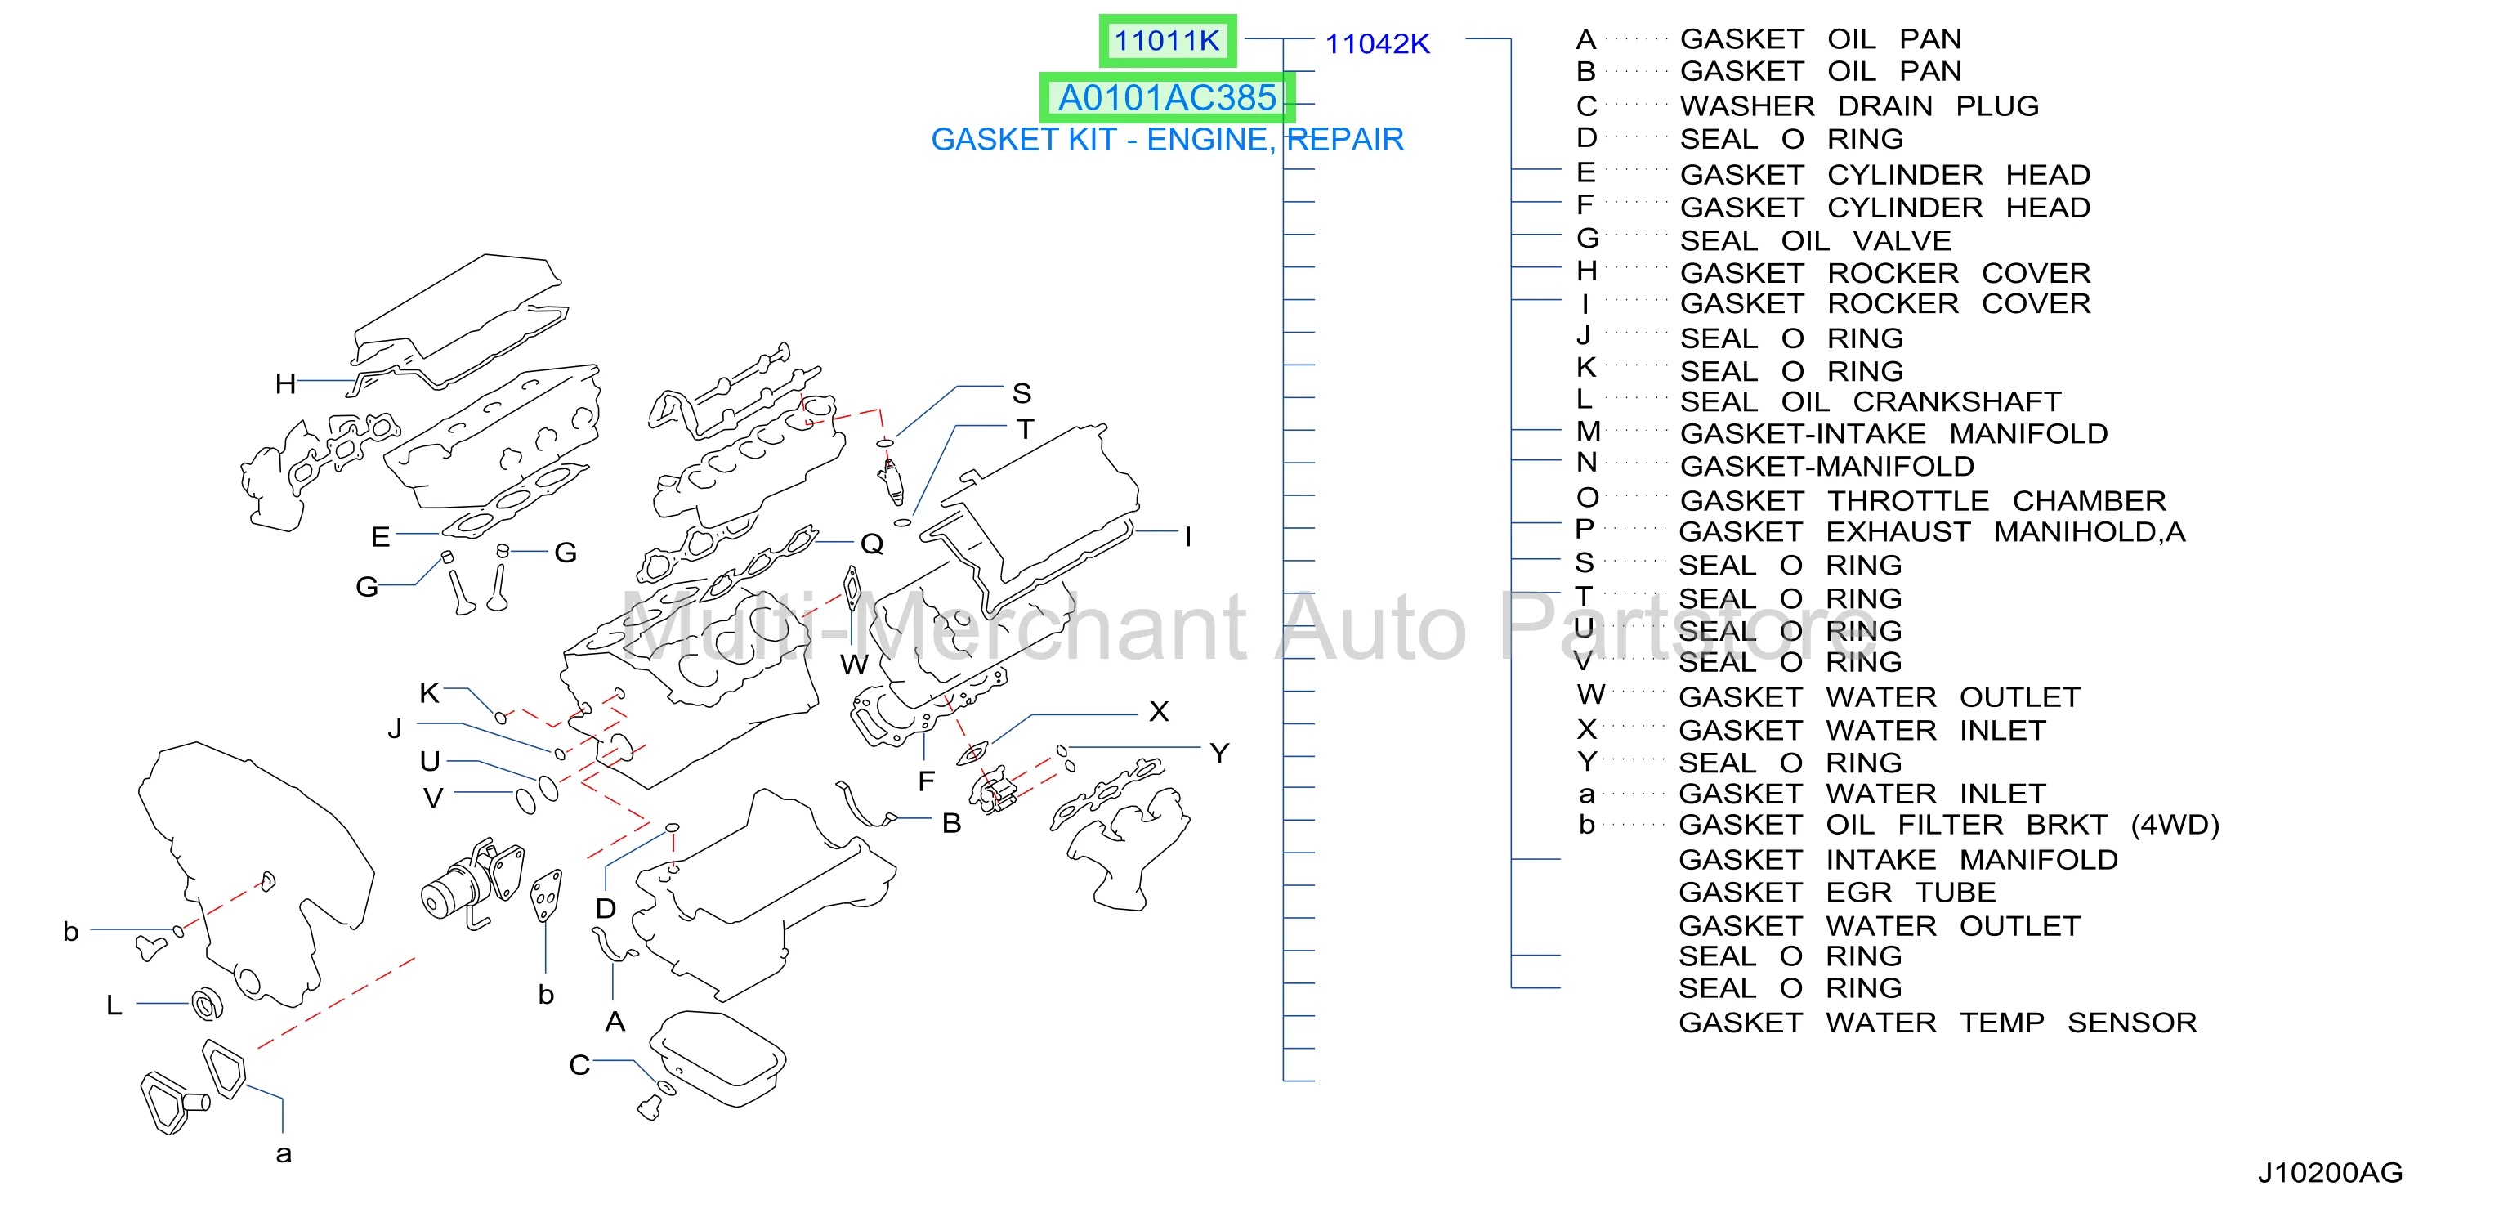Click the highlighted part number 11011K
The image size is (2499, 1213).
pyautogui.click(x=1166, y=41)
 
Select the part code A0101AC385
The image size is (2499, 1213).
pyautogui.click(x=1166, y=98)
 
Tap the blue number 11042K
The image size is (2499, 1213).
pyautogui.click(x=1378, y=43)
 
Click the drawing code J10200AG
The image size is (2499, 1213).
pyautogui.click(x=2330, y=1172)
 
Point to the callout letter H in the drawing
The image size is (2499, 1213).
pyautogui.click(x=285, y=384)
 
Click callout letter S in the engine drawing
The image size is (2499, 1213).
pyautogui.click(x=1022, y=393)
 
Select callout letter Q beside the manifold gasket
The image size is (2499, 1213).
pyautogui.click(x=872, y=544)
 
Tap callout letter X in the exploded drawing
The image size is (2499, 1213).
pyautogui.click(x=1158, y=711)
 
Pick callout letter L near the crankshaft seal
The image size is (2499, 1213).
pyautogui.click(x=114, y=1005)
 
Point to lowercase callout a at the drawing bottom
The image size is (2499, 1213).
pyautogui.click(x=284, y=1154)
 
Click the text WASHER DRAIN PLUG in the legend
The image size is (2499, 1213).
pyautogui.click(x=1859, y=105)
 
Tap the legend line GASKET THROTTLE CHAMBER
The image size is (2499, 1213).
pyautogui.click(x=1922, y=501)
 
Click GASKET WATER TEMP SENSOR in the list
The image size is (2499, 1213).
pyautogui.click(x=1938, y=1023)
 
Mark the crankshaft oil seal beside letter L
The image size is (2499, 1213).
pyautogui.click(x=207, y=1004)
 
